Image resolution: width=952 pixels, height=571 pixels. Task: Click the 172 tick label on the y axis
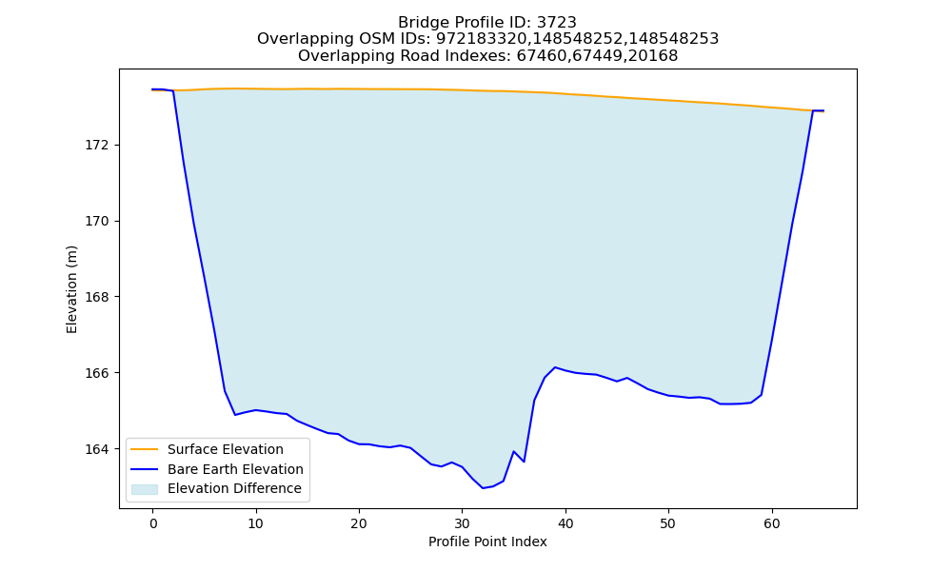tap(98, 145)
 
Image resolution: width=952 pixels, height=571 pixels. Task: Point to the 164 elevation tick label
tap(98, 449)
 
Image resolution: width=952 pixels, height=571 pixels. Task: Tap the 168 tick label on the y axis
tap(98, 297)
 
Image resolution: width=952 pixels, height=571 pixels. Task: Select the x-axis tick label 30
tap(462, 523)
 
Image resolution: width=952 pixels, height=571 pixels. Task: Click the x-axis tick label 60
tap(772, 523)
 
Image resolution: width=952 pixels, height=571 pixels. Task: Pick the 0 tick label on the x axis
tap(153, 523)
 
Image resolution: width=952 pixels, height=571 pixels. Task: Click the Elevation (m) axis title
tap(71, 289)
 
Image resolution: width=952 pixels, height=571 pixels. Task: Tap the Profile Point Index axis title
tap(487, 541)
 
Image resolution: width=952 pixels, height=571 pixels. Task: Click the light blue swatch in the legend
tap(145, 489)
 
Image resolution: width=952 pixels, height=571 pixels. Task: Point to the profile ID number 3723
tap(557, 23)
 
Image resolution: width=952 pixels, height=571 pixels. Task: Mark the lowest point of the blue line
tap(484, 488)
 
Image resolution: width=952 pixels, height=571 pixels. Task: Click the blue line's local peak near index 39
tap(555, 367)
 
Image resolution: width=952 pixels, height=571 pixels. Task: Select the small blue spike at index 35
tap(514, 451)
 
